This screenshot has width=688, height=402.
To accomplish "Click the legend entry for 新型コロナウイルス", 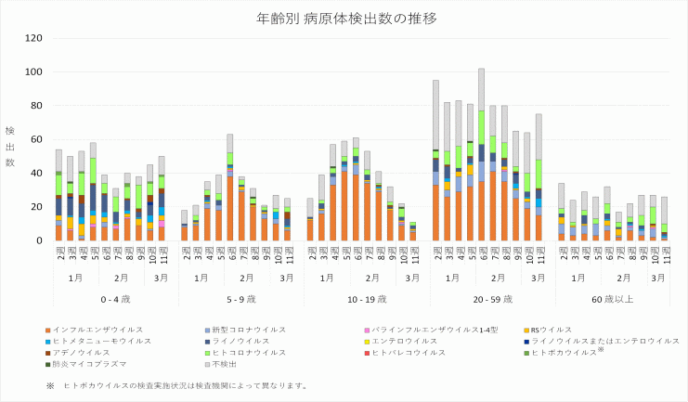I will tap(240, 330).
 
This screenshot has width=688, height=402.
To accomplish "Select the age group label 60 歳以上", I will tap(613, 300).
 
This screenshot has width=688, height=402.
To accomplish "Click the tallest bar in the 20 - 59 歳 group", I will tap(481, 167).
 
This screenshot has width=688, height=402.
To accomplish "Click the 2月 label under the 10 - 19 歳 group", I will tap(372, 278).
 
